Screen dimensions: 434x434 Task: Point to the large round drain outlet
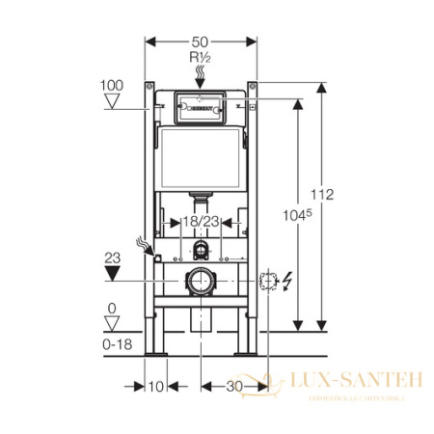202,284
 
